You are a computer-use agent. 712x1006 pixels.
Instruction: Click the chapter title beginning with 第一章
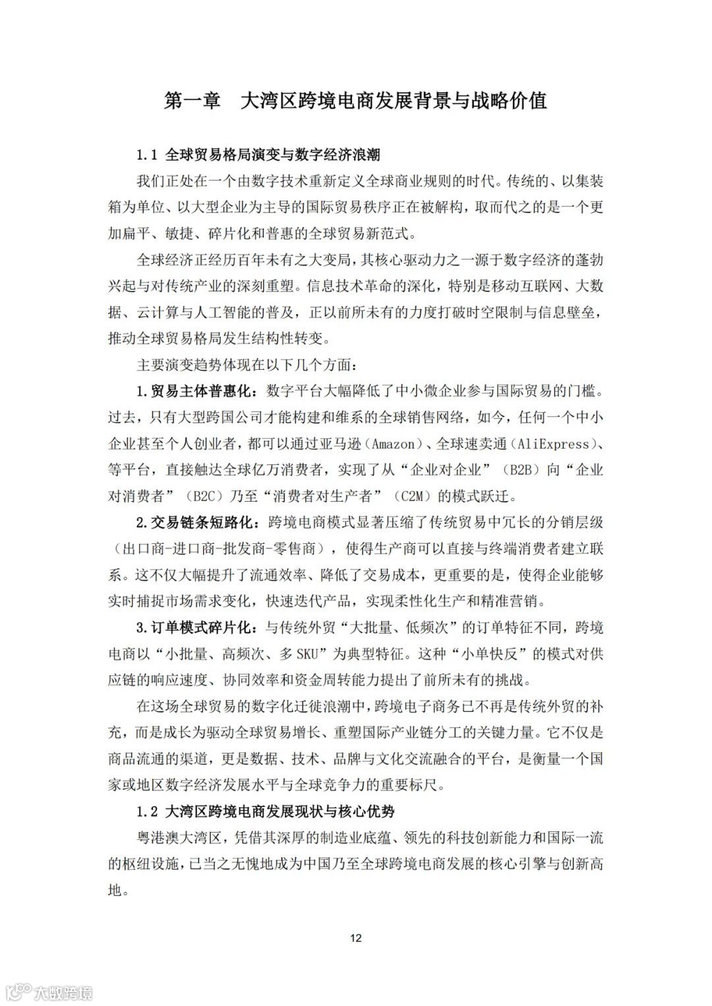click(355, 101)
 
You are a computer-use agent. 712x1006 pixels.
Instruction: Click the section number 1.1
click(147, 156)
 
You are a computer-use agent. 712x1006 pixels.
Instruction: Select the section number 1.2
click(147, 811)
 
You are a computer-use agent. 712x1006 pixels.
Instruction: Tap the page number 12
click(356, 938)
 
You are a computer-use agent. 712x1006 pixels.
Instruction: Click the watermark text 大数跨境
click(63, 991)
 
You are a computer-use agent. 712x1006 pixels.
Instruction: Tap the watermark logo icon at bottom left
click(18, 991)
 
